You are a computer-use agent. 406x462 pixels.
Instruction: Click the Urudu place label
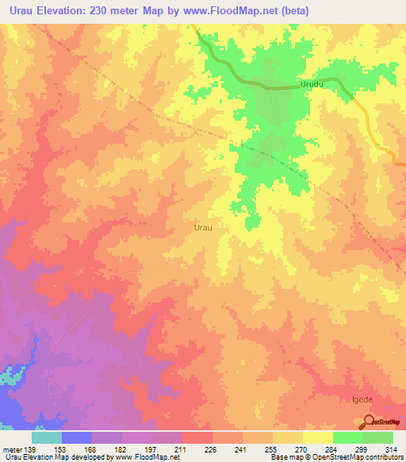[313, 83]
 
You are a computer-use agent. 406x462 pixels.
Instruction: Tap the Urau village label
[203, 227]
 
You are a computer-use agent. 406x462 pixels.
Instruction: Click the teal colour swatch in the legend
[46, 437]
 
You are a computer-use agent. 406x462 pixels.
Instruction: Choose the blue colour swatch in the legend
[77, 437]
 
